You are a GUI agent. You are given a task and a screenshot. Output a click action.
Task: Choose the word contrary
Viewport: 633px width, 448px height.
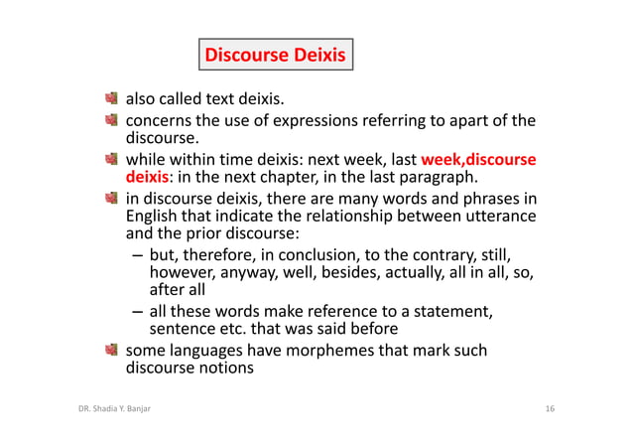pos(458,253)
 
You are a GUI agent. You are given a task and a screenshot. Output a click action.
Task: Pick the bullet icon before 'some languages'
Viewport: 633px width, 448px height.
pos(113,350)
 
